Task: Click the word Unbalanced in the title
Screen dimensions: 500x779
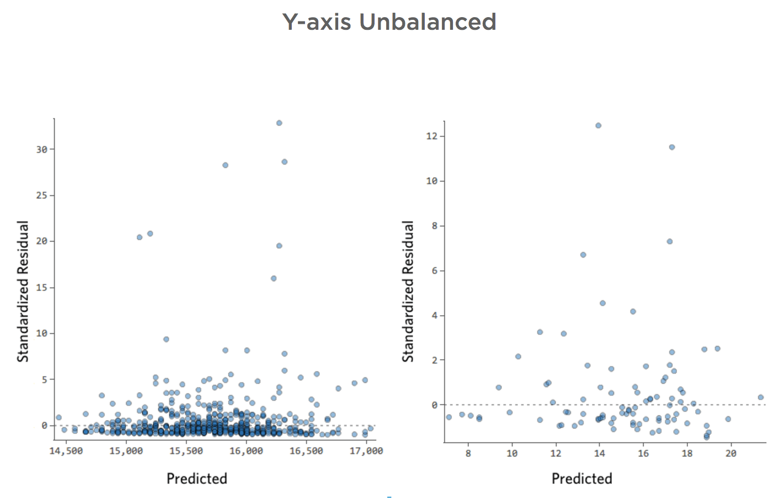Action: click(x=428, y=22)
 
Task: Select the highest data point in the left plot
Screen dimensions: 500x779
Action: click(x=279, y=123)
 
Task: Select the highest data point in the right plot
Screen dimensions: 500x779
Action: click(x=598, y=126)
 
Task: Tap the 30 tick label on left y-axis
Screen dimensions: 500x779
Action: click(x=42, y=150)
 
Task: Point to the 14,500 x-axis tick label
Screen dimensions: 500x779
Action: click(x=66, y=451)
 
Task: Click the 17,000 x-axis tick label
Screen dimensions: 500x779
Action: click(x=366, y=451)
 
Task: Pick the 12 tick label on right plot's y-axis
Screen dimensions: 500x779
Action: click(x=431, y=136)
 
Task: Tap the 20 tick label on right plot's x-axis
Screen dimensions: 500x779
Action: click(x=730, y=454)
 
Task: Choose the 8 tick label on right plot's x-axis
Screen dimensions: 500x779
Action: click(x=468, y=454)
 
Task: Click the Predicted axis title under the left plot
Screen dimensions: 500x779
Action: click(x=197, y=478)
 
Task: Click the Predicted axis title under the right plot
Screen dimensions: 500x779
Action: click(x=582, y=478)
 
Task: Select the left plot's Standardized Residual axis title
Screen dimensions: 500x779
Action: click(x=23, y=291)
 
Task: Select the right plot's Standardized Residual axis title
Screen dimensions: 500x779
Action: click(x=408, y=291)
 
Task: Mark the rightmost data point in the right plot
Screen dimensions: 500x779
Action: click(x=761, y=397)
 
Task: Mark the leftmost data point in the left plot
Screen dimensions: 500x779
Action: click(x=58, y=417)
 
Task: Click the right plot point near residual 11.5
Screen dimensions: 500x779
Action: click(x=672, y=147)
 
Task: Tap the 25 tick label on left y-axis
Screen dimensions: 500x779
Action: click(x=42, y=195)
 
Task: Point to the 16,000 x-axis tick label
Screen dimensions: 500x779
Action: click(x=246, y=451)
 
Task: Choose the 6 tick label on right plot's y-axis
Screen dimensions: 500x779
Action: click(x=434, y=271)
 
